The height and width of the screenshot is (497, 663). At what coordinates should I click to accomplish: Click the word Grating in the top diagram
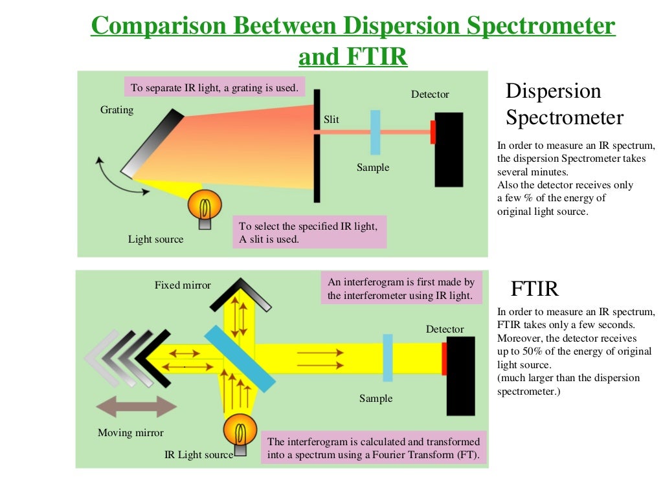[x=117, y=110]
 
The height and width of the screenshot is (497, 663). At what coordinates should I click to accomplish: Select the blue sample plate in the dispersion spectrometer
[x=375, y=132]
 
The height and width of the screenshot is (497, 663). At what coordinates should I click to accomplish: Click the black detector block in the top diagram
[x=449, y=149]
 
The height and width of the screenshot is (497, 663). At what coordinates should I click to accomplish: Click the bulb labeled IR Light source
[x=240, y=431]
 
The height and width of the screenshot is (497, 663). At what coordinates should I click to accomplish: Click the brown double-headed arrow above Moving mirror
[x=136, y=407]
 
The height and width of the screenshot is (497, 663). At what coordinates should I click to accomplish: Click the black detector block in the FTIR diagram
[x=461, y=376]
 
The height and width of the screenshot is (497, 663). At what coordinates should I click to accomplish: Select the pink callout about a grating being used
[x=214, y=88]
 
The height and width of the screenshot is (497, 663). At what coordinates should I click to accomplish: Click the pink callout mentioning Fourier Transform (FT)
[x=374, y=448]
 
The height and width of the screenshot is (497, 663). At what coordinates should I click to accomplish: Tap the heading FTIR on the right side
[x=534, y=288]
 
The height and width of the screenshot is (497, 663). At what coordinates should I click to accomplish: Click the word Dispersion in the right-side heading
[x=553, y=91]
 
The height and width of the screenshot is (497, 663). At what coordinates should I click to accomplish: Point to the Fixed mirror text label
[x=183, y=285]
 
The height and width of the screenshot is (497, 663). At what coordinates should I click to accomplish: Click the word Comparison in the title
[x=159, y=26]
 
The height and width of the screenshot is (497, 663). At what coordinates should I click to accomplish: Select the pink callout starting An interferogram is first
[x=401, y=289]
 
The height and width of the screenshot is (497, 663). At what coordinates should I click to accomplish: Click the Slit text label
[x=331, y=120]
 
